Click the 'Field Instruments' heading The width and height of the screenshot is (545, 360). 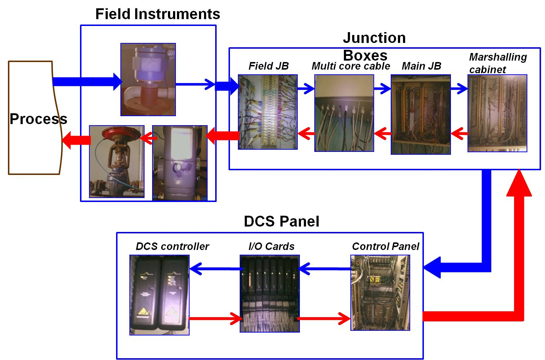pyautogui.click(x=158, y=14)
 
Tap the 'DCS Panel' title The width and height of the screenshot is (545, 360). pyautogui.click(x=282, y=221)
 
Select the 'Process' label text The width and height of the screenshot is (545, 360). pyautogui.click(x=39, y=119)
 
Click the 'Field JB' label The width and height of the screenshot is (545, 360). pyautogui.click(x=269, y=66)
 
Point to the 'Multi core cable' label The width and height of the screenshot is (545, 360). pyautogui.click(x=351, y=66)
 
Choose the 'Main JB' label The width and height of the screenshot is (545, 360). pyautogui.click(x=421, y=66)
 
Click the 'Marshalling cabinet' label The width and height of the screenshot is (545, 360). pyautogui.click(x=498, y=63)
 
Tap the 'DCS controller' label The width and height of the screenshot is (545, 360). pyautogui.click(x=172, y=246)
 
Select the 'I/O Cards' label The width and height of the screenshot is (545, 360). pyautogui.click(x=271, y=246)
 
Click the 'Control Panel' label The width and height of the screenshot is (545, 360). pyautogui.click(x=386, y=246)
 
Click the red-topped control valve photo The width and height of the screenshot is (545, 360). pyautogui.click(x=117, y=161)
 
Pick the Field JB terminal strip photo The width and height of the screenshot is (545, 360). pyautogui.click(x=267, y=112)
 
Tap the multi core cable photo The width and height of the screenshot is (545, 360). pyautogui.click(x=344, y=113)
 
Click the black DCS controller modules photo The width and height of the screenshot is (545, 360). pyautogui.click(x=159, y=295)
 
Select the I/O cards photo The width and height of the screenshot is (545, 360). pyautogui.click(x=270, y=294)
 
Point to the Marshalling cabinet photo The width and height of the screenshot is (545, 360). pyautogui.click(x=497, y=113)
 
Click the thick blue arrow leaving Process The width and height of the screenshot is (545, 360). pyautogui.click(x=87, y=82)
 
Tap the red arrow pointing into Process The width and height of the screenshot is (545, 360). pyautogui.click(x=76, y=140)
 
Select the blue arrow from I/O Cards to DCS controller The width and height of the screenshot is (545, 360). pyautogui.click(x=216, y=269)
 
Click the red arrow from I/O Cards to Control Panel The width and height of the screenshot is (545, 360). pyautogui.click(x=324, y=319)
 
